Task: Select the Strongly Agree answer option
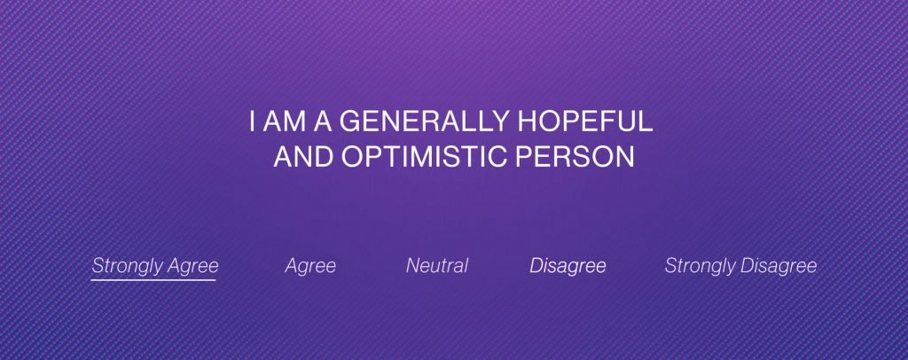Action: (x=155, y=266)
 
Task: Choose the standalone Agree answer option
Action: (x=310, y=266)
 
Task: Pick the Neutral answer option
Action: (x=437, y=266)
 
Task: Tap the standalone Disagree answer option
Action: (x=567, y=266)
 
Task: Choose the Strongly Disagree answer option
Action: (x=740, y=266)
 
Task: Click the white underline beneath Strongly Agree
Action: (x=153, y=280)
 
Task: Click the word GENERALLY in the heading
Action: (x=424, y=121)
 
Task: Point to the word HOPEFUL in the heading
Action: (x=585, y=121)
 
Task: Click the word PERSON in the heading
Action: (x=575, y=156)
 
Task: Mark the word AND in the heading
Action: (x=303, y=156)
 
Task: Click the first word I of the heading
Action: (x=253, y=121)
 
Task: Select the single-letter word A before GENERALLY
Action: (x=323, y=121)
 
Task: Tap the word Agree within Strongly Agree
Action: (x=192, y=266)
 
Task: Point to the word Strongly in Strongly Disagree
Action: (x=701, y=266)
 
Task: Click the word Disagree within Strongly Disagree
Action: (x=779, y=266)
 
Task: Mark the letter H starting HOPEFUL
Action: (x=527, y=121)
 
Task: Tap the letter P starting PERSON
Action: (x=523, y=156)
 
